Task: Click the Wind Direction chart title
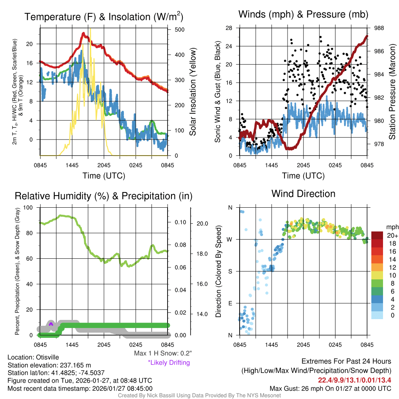(303, 194)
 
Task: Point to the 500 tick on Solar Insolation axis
(180, 30)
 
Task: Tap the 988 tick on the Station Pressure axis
(379, 28)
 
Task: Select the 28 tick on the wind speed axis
(229, 28)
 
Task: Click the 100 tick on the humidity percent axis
(28, 208)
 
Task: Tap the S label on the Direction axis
(230, 271)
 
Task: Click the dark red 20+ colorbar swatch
(377, 235)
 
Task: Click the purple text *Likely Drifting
(169, 363)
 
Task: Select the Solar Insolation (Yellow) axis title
(193, 92)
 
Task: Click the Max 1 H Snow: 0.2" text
(163, 353)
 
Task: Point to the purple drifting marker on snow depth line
(51, 324)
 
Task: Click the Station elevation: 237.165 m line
(49, 365)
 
